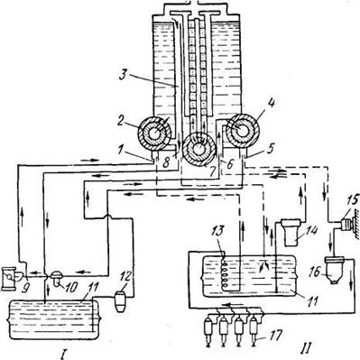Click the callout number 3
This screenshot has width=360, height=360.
tap(122, 75)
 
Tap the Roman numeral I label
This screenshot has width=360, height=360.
tap(63, 355)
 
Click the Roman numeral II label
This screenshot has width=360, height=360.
tap(305, 347)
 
